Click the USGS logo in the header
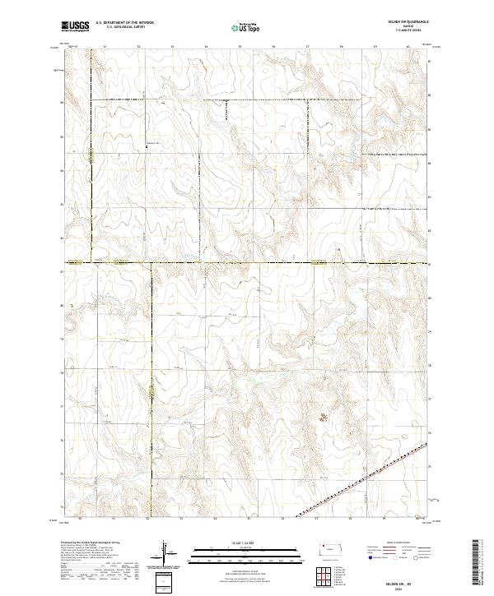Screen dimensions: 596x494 [75, 26]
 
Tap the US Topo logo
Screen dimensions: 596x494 [241, 27]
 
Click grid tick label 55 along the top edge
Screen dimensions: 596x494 [239, 47]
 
